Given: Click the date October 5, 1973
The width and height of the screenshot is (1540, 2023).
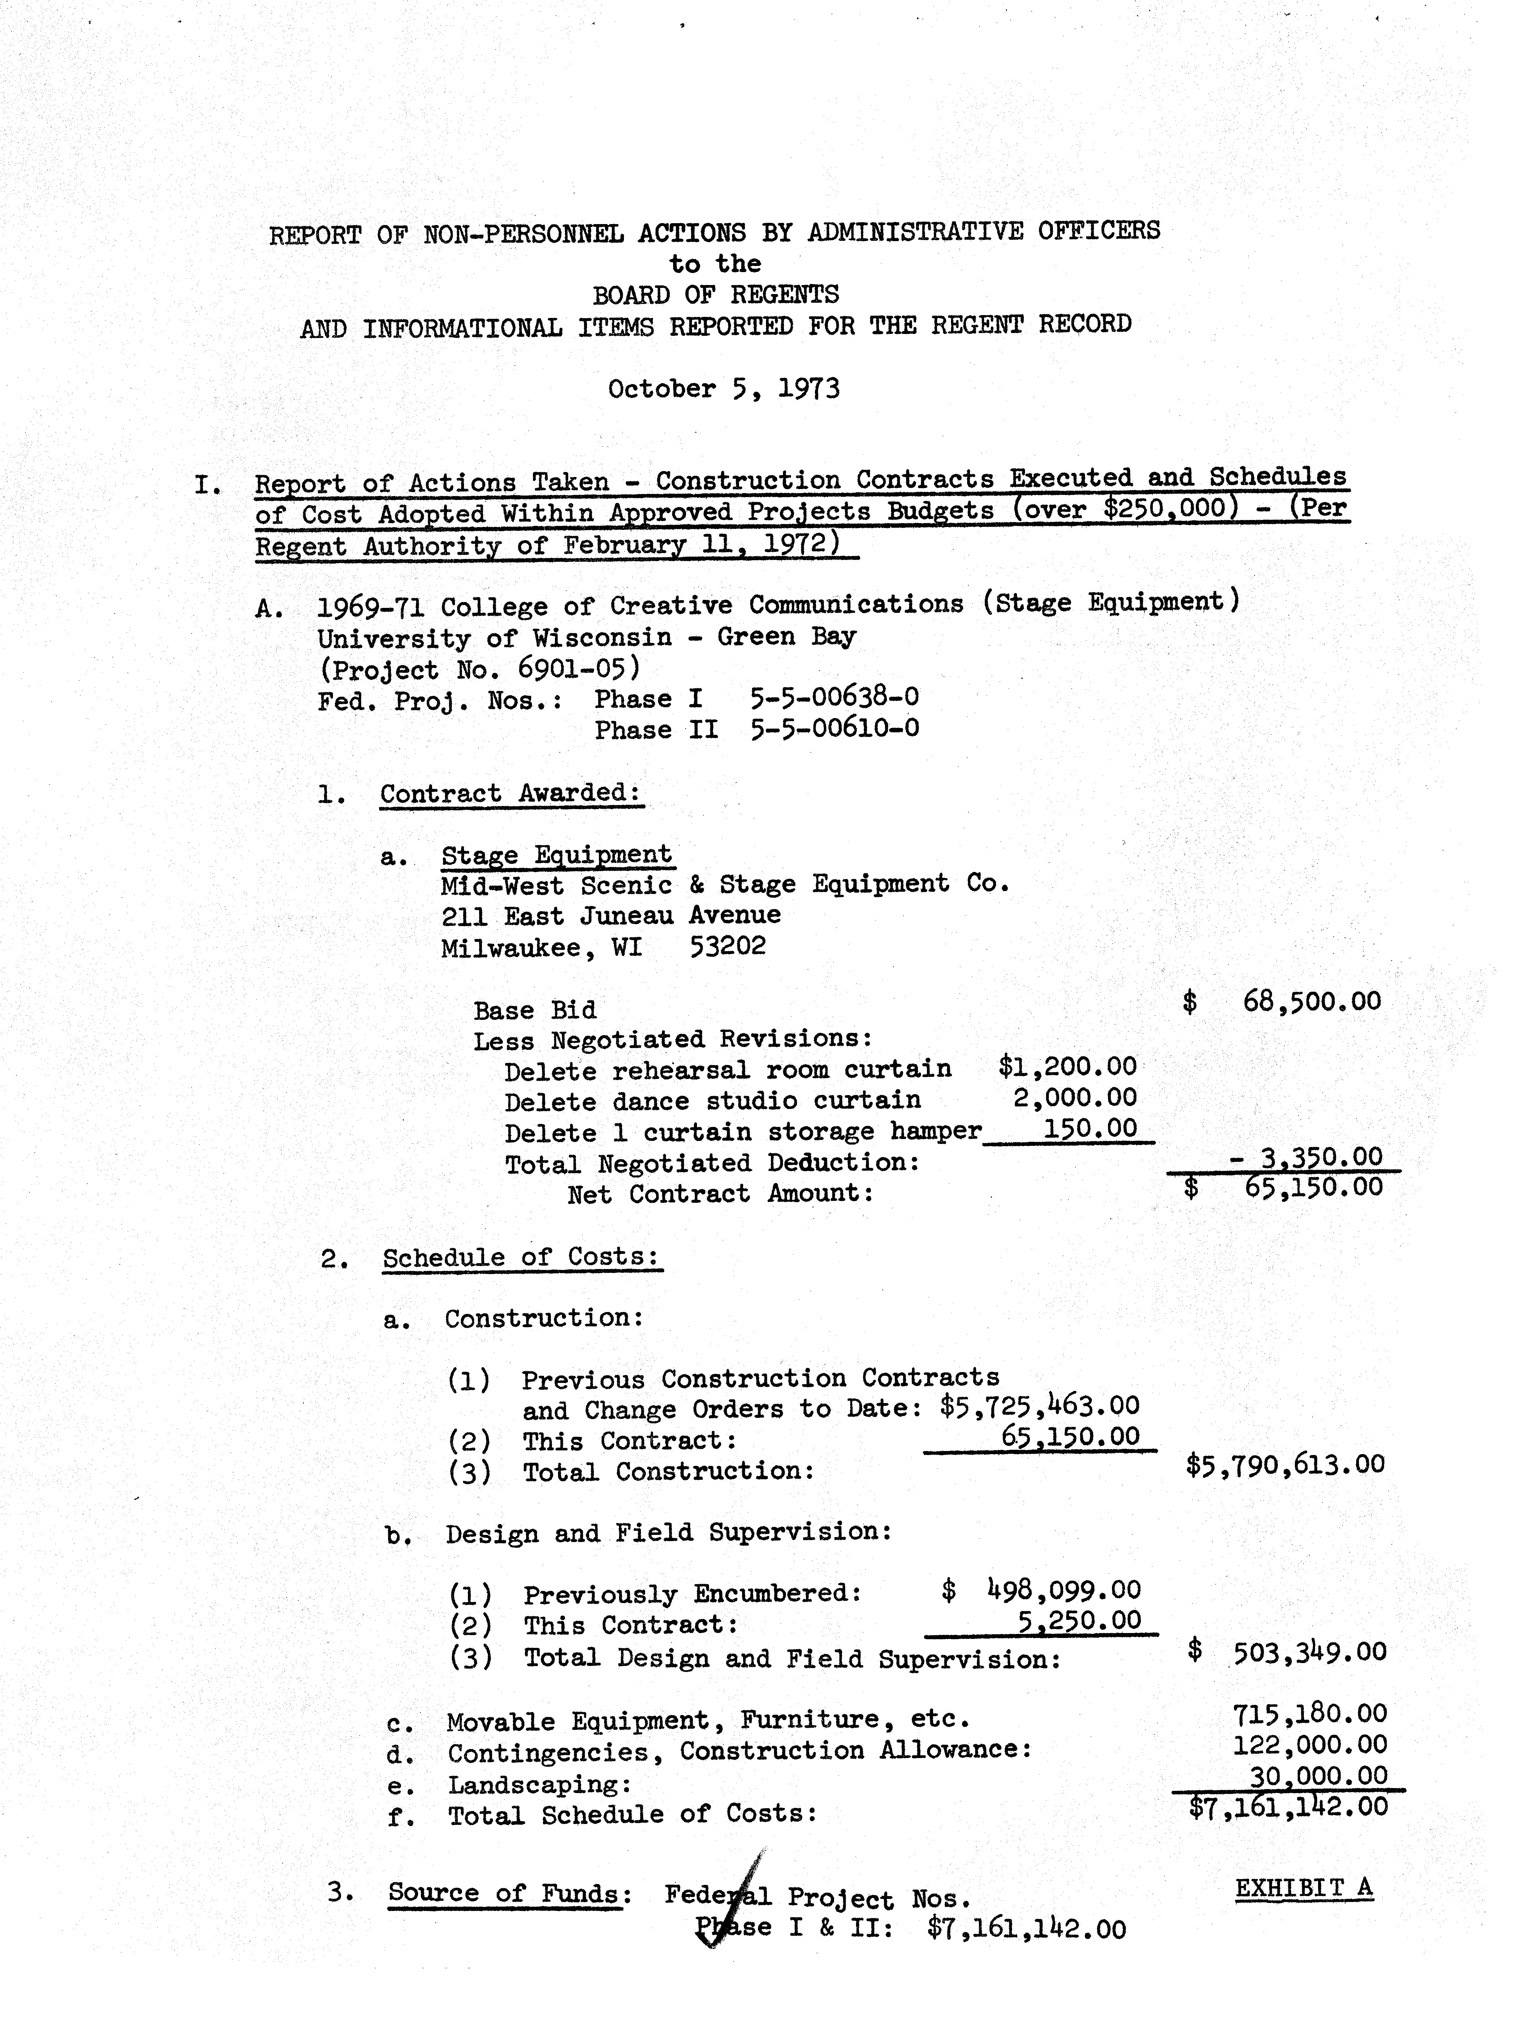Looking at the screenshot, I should click(x=723, y=389).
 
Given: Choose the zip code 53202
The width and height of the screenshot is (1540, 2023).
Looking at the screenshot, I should click(x=727, y=946).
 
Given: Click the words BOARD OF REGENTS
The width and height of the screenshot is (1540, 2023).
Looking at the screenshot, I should click(x=715, y=295).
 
